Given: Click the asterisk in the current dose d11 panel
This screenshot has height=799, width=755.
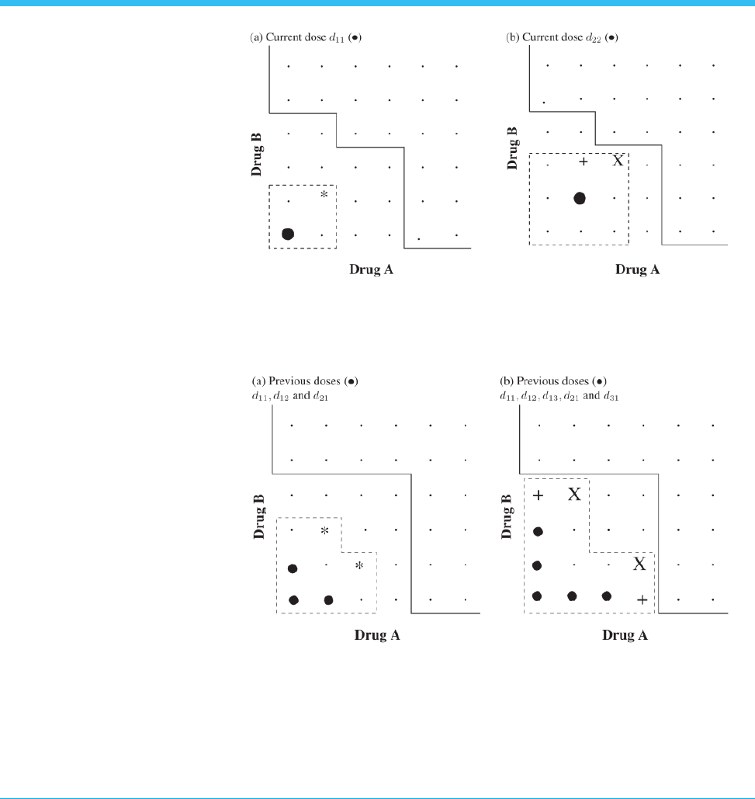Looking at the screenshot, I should click(x=324, y=194).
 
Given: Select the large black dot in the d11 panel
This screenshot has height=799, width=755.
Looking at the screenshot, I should click(x=288, y=234).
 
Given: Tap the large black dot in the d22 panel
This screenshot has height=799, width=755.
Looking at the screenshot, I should click(x=580, y=198).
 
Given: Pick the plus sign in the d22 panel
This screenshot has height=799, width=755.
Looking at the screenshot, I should click(x=584, y=162).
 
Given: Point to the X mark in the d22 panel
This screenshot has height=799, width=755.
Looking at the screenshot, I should click(x=618, y=162).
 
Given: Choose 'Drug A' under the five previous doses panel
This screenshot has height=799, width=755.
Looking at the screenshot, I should click(x=625, y=635).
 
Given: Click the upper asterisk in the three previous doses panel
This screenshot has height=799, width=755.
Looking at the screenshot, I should click(x=325, y=531).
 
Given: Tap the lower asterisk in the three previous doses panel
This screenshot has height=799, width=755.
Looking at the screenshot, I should click(x=359, y=566).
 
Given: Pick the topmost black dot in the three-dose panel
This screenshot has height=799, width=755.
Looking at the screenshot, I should click(x=293, y=568).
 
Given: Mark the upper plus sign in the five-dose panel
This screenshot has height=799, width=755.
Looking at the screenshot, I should click(x=539, y=495).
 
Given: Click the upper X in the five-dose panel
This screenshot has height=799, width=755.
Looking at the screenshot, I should click(x=573, y=495).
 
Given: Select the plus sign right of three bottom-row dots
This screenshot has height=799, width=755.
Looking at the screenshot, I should click(x=642, y=599).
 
